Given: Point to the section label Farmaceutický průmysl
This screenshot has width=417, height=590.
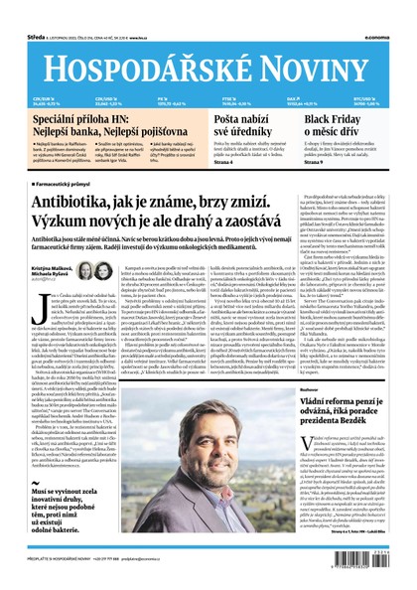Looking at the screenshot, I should click(70, 185).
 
